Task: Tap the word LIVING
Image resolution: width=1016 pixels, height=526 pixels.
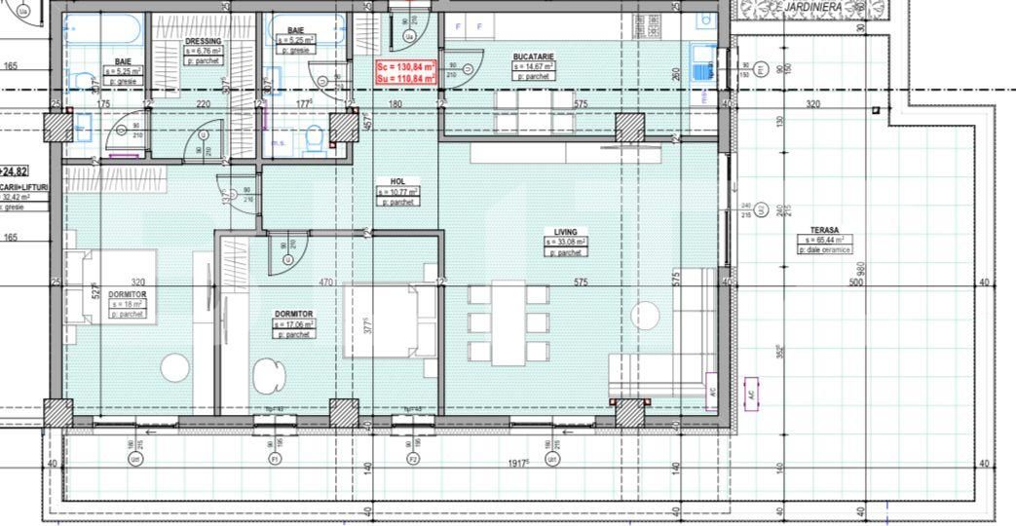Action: tap(566, 233)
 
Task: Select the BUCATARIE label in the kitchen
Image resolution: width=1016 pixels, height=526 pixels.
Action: tap(533, 57)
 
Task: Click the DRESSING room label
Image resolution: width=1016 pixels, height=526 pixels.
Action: tap(203, 41)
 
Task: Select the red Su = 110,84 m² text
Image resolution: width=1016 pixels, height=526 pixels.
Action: tap(405, 78)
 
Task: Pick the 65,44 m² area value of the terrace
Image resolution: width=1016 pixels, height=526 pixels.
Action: tap(825, 240)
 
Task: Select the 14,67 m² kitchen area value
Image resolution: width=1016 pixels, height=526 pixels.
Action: tap(534, 66)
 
